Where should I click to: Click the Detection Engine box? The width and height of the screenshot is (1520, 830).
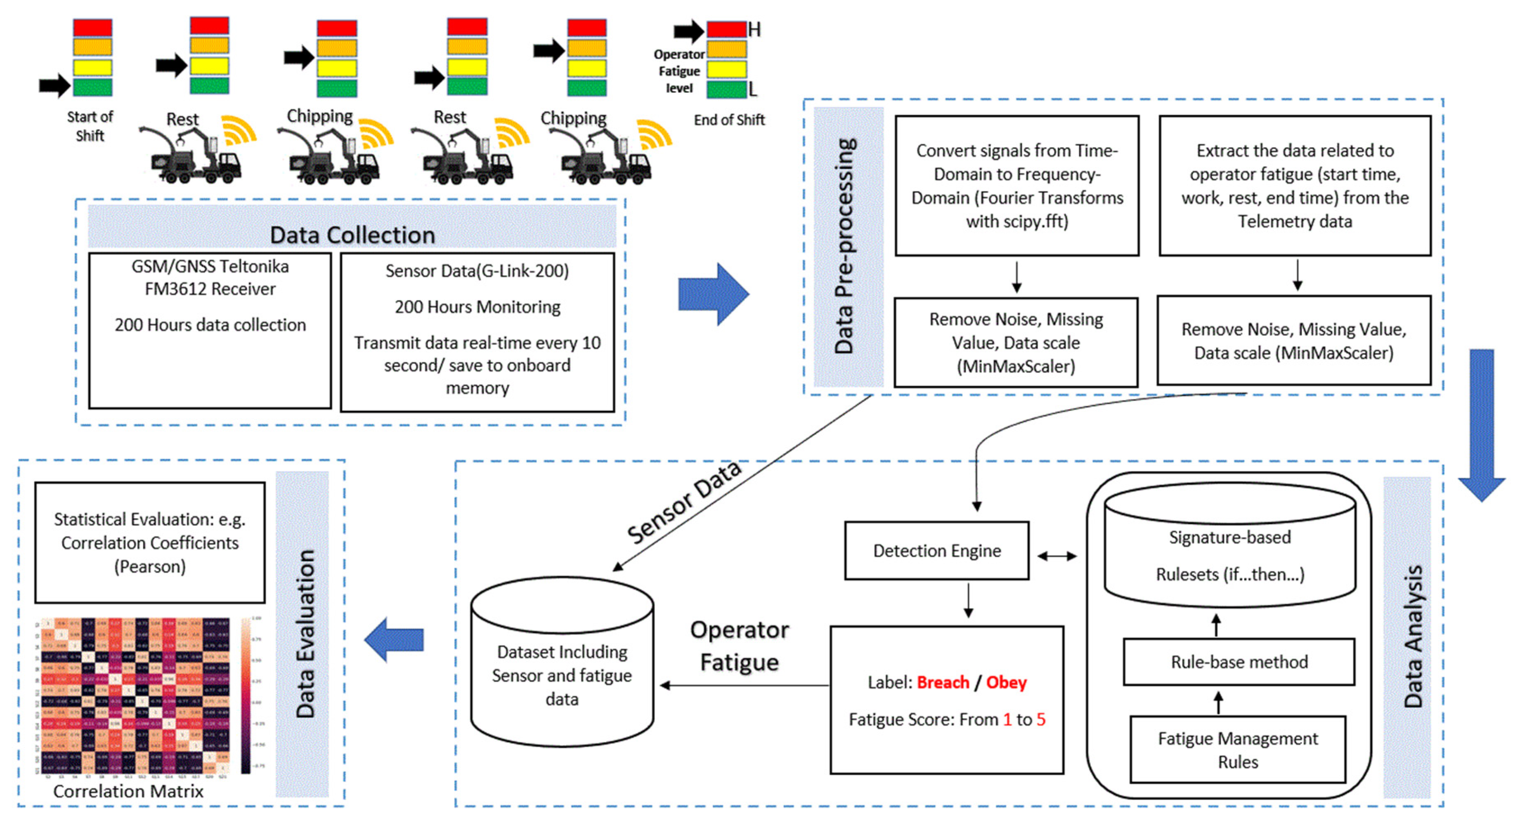(936, 550)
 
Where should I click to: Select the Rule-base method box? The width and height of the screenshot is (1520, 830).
(1239, 662)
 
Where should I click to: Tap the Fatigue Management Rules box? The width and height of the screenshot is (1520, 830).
(1237, 750)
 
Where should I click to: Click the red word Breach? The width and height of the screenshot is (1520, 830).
(942, 683)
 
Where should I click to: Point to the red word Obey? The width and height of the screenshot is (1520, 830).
(1006, 683)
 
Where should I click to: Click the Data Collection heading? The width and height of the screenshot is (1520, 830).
(352, 235)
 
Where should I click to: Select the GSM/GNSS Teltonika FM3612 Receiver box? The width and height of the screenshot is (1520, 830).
(210, 330)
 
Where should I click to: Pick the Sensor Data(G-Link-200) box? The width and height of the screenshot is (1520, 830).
(478, 332)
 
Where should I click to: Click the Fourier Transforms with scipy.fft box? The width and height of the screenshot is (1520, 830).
(1016, 186)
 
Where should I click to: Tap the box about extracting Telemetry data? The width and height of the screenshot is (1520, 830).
(1295, 186)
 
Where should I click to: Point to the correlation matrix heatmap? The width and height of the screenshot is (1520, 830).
(133, 696)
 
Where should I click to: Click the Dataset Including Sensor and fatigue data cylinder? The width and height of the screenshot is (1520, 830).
(562, 664)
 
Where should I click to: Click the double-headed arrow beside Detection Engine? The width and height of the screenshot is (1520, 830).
(1057, 556)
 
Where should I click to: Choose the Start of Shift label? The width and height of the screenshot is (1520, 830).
(90, 126)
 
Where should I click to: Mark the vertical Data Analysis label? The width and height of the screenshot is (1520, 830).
(1413, 637)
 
